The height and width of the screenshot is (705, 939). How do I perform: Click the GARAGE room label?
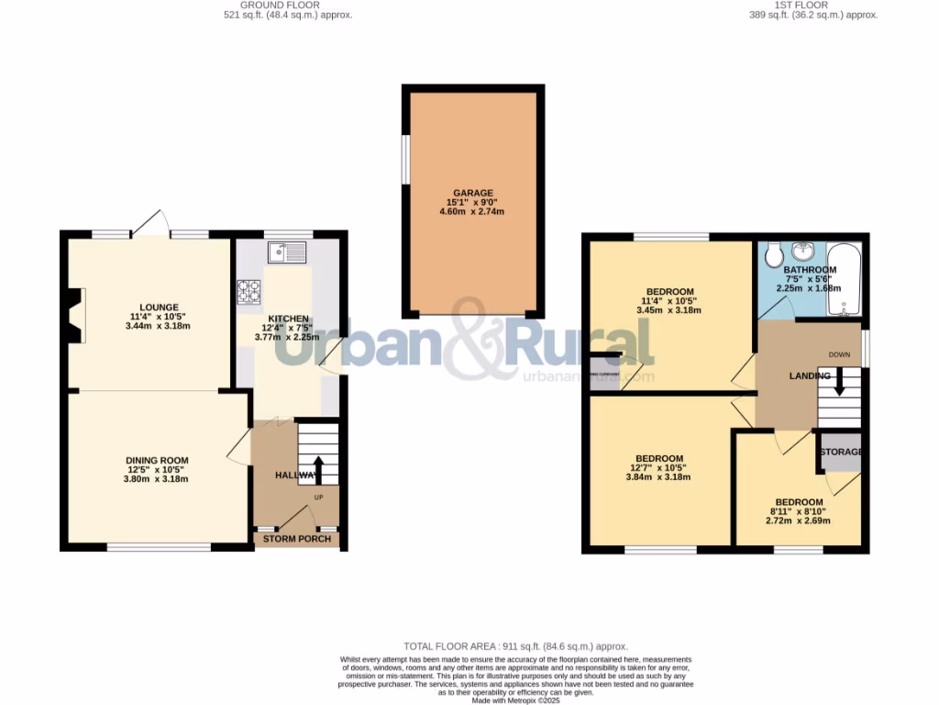(471, 192)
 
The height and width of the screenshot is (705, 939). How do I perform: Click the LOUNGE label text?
(159, 308)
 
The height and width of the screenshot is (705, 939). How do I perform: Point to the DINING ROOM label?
(157, 461)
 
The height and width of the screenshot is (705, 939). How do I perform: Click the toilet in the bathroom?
(773, 252)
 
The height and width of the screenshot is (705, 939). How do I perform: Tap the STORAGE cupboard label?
(841, 453)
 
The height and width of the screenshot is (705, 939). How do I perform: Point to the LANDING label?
(810, 375)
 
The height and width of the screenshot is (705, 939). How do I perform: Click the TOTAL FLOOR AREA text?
(515, 647)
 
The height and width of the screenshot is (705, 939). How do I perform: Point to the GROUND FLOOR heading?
(286, 6)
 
